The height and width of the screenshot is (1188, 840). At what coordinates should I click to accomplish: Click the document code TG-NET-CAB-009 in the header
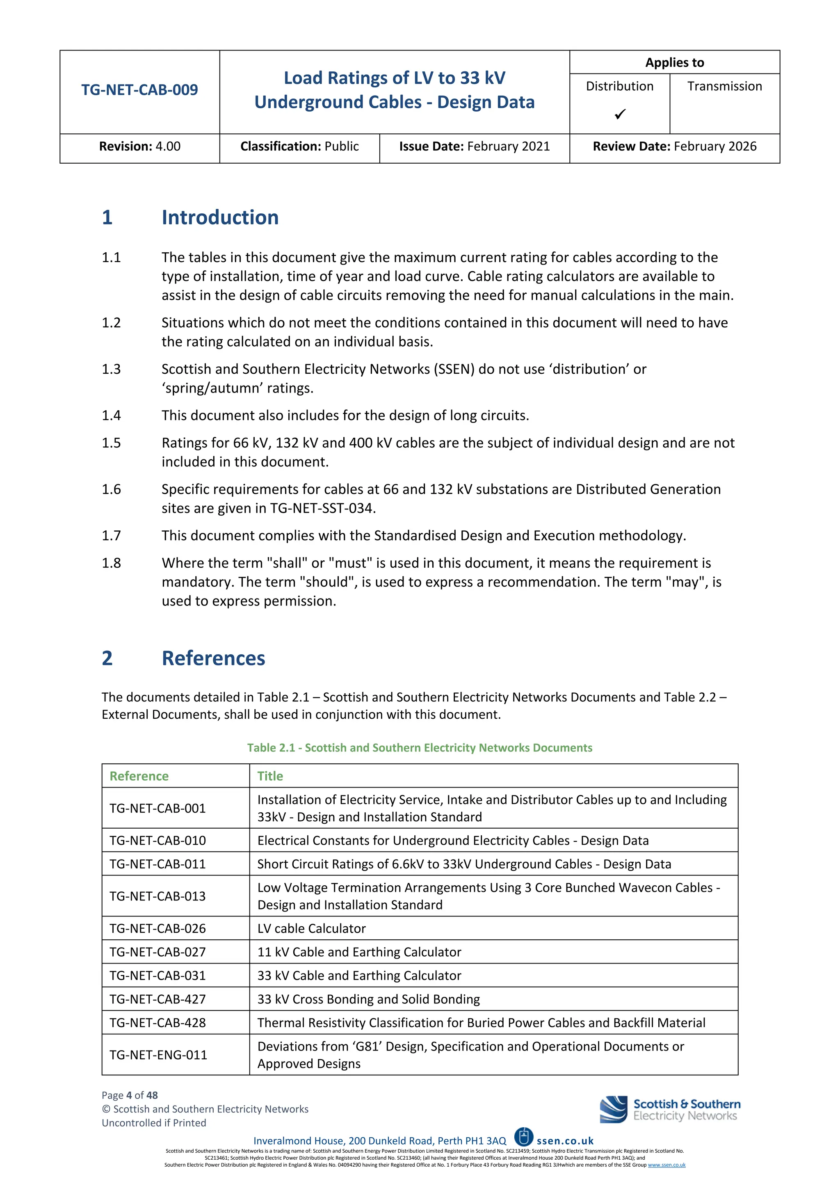point(139,90)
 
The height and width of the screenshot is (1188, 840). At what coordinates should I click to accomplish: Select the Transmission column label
point(724,87)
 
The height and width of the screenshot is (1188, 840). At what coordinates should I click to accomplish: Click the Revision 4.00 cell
point(139,146)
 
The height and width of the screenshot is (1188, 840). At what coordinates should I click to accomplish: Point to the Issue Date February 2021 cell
point(474,146)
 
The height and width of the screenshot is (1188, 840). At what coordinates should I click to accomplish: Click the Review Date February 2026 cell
point(674,146)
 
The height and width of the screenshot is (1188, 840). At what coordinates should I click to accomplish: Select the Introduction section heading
point(220,217)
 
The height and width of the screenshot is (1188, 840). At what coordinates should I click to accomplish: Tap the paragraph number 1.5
point(111,443)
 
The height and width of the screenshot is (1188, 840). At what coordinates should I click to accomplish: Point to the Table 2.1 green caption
point(420,748)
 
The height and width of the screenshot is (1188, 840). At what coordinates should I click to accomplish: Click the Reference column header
point(139,776)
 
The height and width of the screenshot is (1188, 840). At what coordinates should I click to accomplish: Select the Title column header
point(270,776)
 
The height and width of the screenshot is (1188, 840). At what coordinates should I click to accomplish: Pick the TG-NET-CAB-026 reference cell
point(158,928)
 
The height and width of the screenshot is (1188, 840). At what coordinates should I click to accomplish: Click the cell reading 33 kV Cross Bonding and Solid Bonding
point(368,999)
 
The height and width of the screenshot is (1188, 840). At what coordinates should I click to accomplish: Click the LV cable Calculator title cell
point(311,928)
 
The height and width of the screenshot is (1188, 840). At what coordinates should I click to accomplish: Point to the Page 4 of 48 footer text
point(130,1095)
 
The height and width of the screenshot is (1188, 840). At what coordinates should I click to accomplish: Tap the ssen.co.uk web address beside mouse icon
point(565,1141)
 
